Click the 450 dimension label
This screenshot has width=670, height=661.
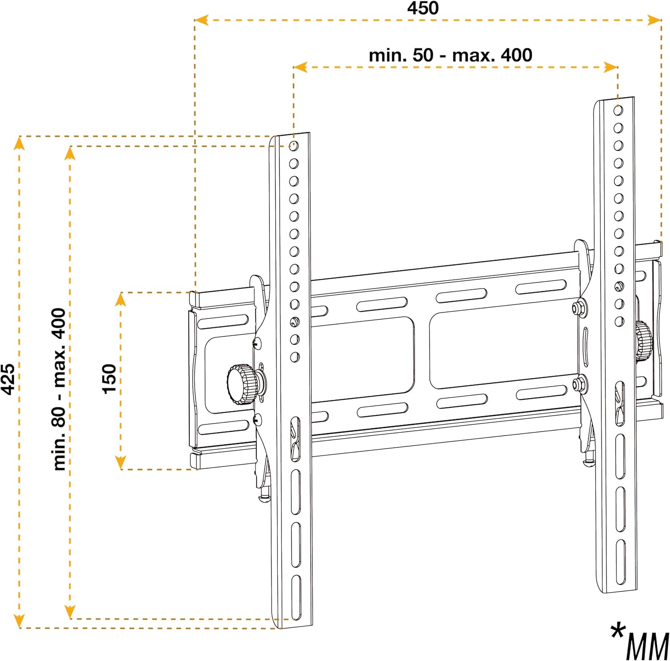pos(423,8)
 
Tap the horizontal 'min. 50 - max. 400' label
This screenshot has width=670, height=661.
pos(450,55)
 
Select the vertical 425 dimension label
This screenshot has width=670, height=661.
pos(8,379)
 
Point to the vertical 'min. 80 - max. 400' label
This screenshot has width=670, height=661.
pos(59,389)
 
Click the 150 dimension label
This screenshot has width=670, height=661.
pos(109,379)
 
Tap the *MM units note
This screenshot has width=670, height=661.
pos(640,641)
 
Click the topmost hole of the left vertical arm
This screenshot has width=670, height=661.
pos(293,146)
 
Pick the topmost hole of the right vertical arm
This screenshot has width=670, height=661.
pos(618,110)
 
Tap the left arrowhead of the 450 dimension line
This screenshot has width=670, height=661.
pos(201,20)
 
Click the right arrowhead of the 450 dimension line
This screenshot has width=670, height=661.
pos(654,20)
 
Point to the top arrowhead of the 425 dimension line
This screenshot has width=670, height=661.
pos(19,143)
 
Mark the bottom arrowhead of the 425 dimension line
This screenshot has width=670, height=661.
pos(19,621)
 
